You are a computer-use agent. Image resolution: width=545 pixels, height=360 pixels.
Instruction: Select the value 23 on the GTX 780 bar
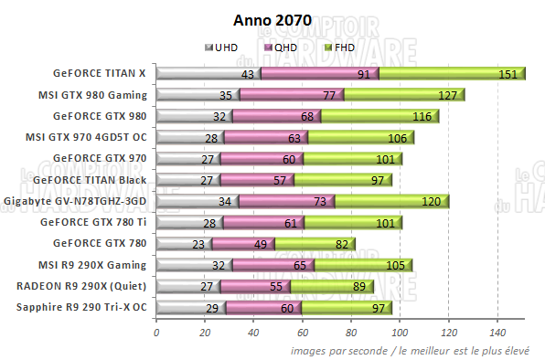198,243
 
